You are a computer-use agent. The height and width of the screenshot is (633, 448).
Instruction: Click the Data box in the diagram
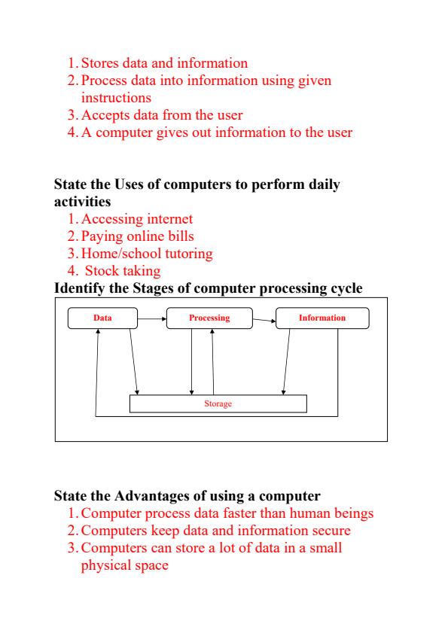click(102, 318)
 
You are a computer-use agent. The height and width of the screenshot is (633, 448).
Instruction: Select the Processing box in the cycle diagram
click(209, 318)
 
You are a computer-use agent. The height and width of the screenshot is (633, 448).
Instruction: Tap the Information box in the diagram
click(322, 318)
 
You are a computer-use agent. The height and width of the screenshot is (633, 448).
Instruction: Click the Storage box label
click(218, 403)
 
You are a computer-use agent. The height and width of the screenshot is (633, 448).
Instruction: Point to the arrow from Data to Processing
click(152, 318)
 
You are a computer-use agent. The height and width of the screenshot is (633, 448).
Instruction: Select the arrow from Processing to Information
click(264, 321)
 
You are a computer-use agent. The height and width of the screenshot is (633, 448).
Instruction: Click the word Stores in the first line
click(100, 63)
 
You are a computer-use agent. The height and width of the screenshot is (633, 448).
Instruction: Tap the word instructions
click(116, 98)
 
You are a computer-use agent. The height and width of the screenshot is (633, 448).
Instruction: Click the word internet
click(169, 219)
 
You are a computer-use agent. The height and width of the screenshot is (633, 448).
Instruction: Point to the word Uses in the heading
click(129, 184)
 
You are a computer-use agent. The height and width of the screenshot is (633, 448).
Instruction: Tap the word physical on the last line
click(106, 565)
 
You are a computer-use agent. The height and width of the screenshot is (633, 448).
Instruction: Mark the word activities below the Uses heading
click(82, 202)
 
